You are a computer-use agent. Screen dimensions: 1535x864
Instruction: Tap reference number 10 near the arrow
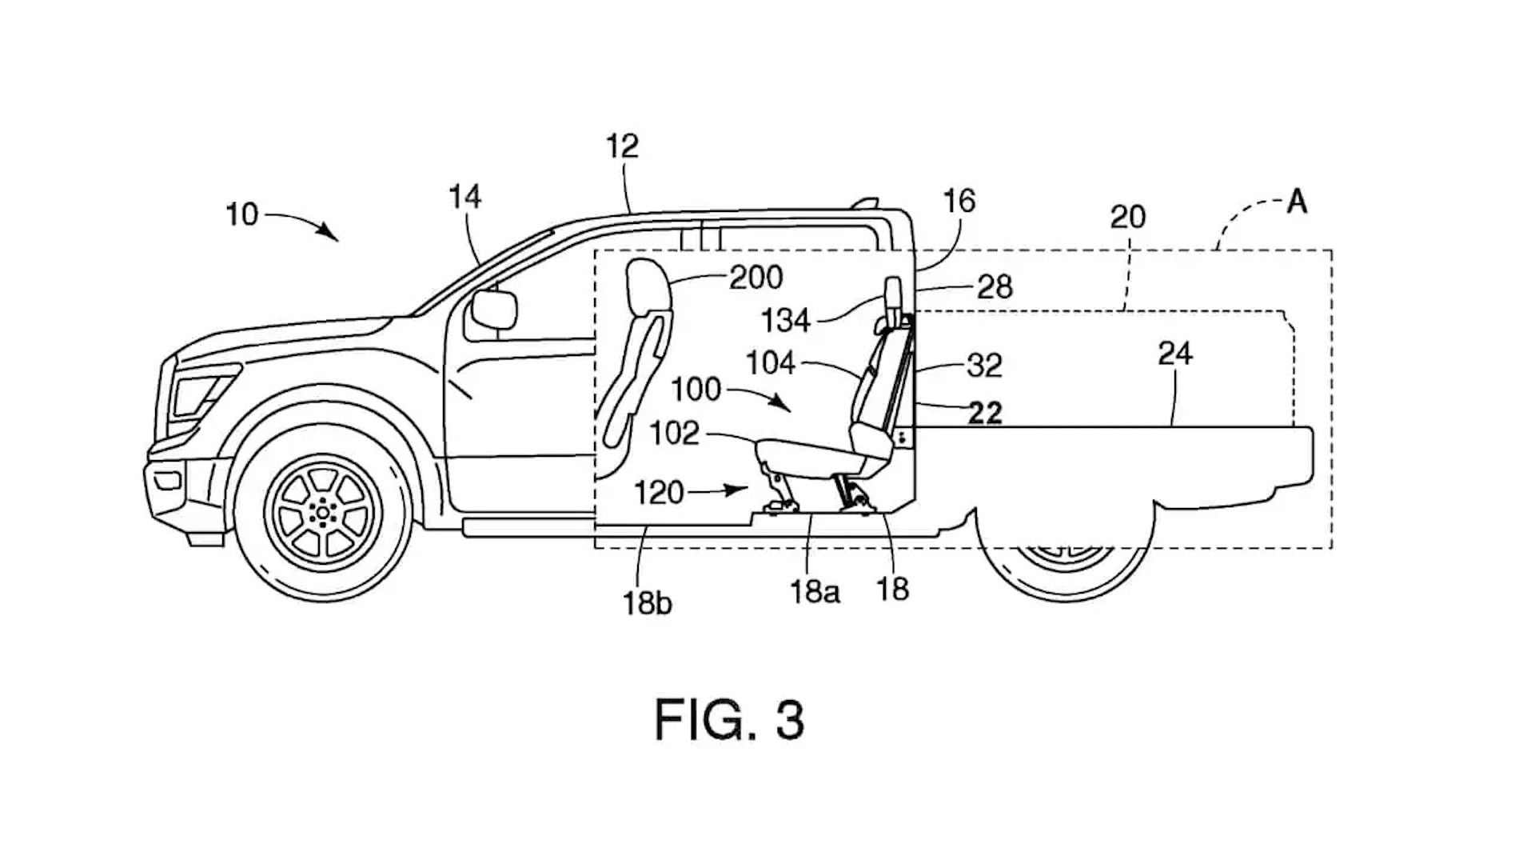[242, 214]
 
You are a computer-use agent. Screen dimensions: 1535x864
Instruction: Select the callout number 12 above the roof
[622, 146]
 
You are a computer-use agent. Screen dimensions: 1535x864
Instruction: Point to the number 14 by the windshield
[465, 197]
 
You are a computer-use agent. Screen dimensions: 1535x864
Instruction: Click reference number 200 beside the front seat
[756, 278]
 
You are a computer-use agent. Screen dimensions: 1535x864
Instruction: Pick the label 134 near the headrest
[786, 321]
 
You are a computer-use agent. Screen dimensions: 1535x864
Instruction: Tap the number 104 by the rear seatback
[771, 363]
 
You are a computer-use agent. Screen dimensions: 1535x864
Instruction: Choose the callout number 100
[696, 390]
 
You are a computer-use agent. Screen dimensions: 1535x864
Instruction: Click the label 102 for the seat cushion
[674, 433]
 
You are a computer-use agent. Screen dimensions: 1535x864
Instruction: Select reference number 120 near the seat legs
[659, 493]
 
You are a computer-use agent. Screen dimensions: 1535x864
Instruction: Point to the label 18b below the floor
[647, 603]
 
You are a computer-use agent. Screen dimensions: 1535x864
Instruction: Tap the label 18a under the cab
[815, 591]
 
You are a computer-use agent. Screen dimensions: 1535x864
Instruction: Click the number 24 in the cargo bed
[1175, 354]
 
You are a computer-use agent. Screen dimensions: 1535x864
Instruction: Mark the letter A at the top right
[1297, 202]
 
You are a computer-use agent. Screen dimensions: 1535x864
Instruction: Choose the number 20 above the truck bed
[1128, 217]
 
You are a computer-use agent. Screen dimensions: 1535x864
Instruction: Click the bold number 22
[985, 413]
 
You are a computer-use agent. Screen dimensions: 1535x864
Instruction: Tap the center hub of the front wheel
[322, 510]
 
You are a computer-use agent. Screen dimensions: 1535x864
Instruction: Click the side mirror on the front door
[494, 310]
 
